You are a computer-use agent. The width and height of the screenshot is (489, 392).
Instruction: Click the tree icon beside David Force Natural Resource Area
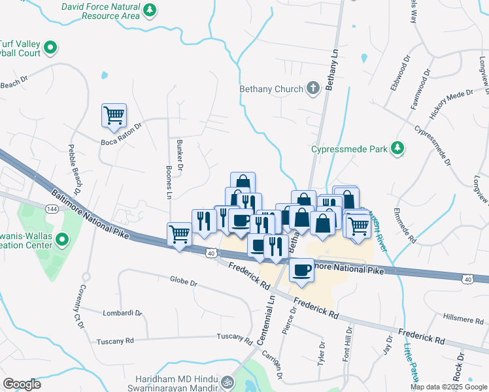(x=150, y=10)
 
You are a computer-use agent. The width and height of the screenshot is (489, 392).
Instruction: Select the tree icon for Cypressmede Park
(x=396, y=149)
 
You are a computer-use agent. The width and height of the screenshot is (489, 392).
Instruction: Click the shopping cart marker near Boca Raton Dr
(x=114, y=116)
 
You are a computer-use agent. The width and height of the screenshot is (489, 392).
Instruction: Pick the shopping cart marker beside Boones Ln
(x=179, y=233)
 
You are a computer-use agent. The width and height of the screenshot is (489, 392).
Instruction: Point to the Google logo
(x=22, y=384)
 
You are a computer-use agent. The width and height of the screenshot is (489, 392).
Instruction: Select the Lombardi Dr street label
(x=122, y=313)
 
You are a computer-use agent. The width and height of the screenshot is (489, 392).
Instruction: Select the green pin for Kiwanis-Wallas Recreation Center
(x=63, y=240)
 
